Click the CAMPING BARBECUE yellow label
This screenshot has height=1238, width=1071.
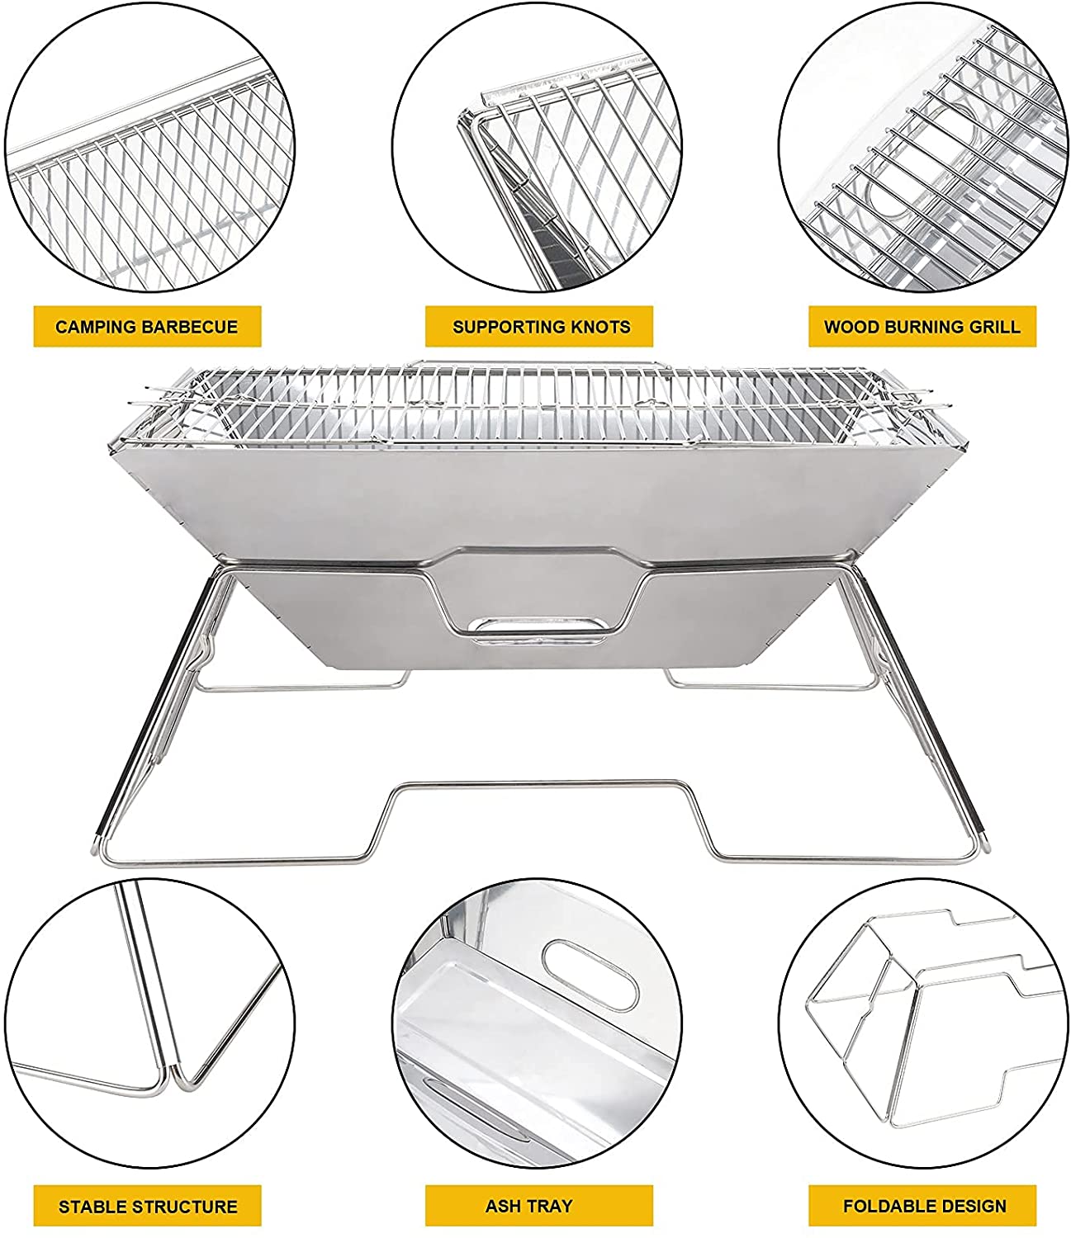coord(147,327)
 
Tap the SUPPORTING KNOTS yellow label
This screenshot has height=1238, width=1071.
coord(540,327)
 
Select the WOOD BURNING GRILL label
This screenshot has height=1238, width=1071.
coord(922,327)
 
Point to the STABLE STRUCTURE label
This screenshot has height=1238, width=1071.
coord(147,1207)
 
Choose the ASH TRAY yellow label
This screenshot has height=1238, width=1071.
coord(528,1207)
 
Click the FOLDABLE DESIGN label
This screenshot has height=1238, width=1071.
coord(924,1207)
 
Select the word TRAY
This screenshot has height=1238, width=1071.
coord(550,1207)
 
